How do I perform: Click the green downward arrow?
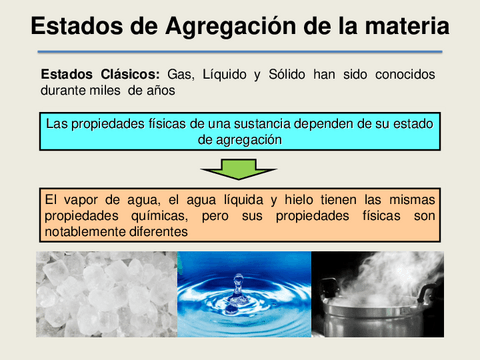pyautogui.click(x=240, y=168)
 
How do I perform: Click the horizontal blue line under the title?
pyautogui.click(x=240, y=50)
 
